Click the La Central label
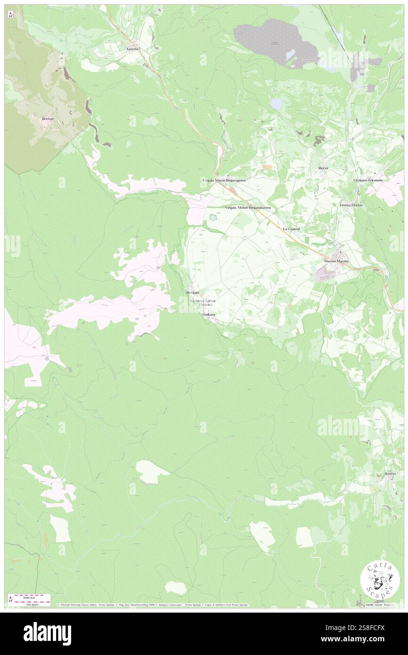[291, 229]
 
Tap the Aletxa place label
[323, 168]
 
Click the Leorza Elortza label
[351, 205]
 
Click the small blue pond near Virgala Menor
[213, 218]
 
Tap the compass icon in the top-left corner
[11, 14]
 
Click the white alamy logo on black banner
[47, 633]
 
